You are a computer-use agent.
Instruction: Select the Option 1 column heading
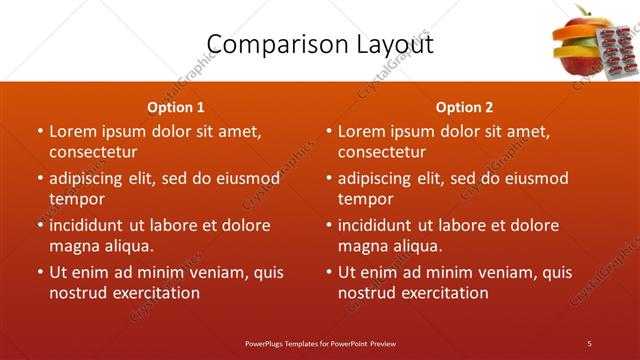coord(176,107)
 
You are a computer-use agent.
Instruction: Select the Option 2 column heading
coord(465,107)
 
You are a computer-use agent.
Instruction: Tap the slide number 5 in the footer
coord(590,343)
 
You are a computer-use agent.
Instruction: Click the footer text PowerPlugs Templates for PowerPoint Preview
coord(320,343)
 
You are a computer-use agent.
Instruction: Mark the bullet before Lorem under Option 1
coord(39,131)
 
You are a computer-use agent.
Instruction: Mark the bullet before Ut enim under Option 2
coord(328,272)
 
